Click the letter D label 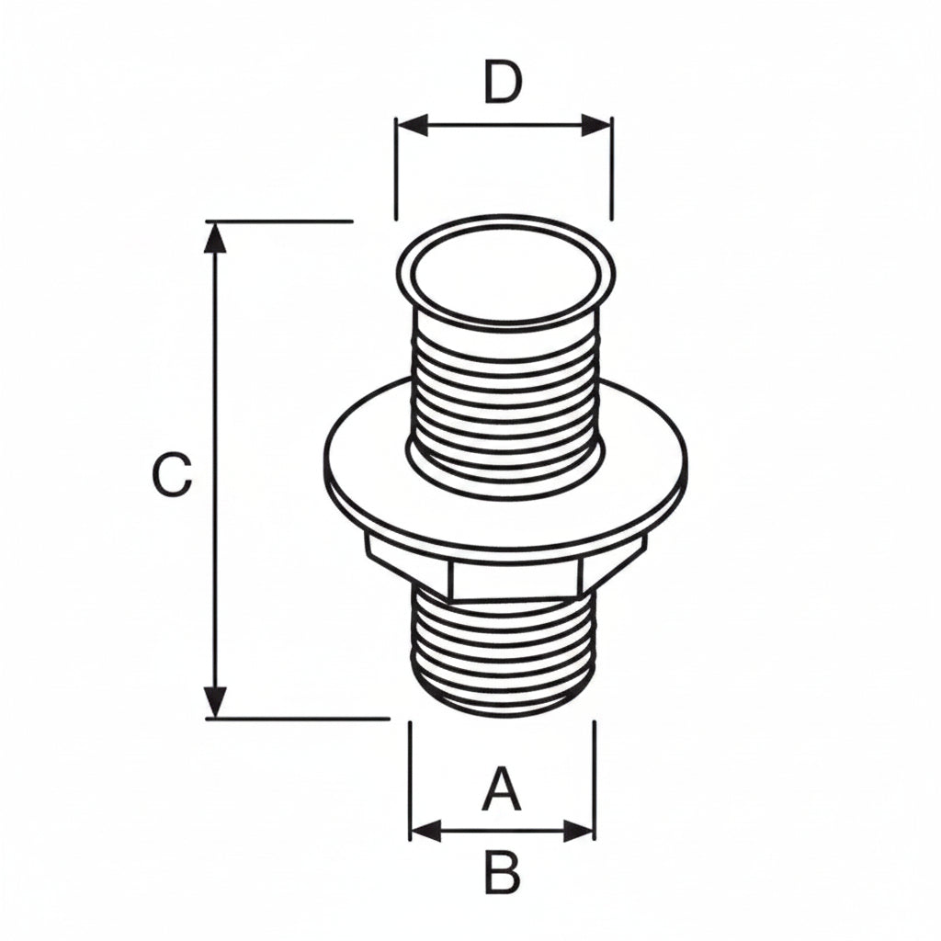(503, 82)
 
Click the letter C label (172, 475)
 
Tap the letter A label (501, 789)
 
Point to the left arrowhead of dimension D (413, 125)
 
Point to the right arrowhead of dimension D (595, 125)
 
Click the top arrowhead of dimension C (215, 238)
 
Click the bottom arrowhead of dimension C (215, 701)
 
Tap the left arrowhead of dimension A (426, 831)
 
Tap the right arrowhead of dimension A (578, 831)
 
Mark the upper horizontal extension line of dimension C (279, 221)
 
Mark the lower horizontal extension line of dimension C (298, 718)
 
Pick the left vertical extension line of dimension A (410, 780)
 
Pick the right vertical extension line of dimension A (595, 780)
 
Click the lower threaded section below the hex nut (505, 654)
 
